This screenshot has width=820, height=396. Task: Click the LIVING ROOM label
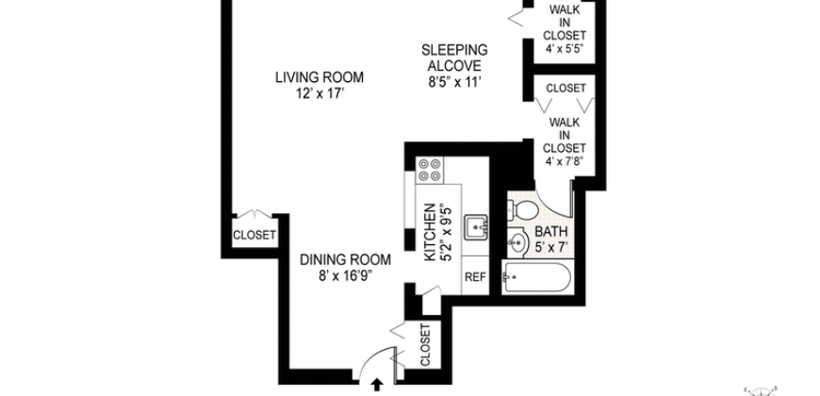[x=320, y=77]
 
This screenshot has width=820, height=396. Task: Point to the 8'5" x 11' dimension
[x=453, y=81]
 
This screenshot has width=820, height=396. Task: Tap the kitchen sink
[x=479, y=226]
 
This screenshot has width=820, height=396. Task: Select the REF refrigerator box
[x=474, y=277]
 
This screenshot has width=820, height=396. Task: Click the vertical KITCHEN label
[x=430, y=232]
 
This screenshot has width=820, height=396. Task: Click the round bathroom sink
[x=517, y=243]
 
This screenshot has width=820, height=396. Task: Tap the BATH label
[x=551, y=231]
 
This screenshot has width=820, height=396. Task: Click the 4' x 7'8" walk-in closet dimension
[x=566, y=159]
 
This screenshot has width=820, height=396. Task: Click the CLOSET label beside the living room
[x=254, y=235]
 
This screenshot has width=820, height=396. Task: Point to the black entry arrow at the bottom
[x=378, y=385]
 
